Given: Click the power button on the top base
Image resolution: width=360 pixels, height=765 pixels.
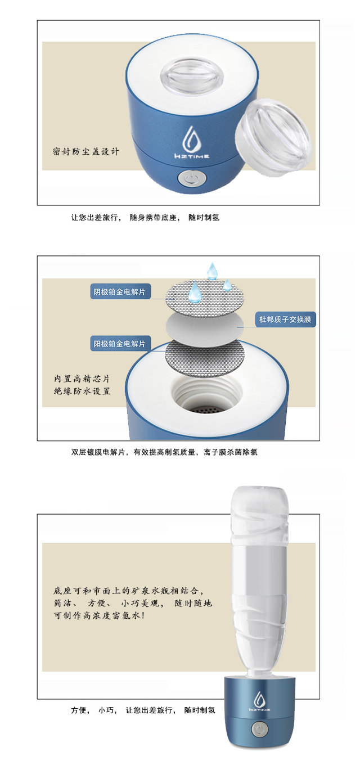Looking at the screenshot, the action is pos(192,179).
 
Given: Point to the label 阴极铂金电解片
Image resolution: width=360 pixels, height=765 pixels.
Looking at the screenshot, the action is pos(120,291).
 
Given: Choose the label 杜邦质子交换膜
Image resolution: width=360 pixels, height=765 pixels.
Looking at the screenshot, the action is pos(286,319).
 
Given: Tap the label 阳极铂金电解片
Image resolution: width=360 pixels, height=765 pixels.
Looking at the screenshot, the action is pos(120,344).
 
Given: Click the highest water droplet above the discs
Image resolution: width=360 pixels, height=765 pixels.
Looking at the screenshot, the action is pos(213,271).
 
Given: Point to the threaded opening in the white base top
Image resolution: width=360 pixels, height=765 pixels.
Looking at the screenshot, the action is pos(206,394).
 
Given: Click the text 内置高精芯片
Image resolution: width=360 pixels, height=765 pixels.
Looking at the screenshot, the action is pos(82,379).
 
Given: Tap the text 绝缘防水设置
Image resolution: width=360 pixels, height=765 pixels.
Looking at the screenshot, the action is pos(82,391).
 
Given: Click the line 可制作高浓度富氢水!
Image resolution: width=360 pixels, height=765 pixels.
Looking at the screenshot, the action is pos(99,616).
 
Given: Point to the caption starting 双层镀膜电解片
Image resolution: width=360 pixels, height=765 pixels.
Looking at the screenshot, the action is pos(164,452).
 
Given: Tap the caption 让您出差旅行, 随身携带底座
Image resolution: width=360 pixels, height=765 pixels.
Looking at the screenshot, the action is pos(125,218).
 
